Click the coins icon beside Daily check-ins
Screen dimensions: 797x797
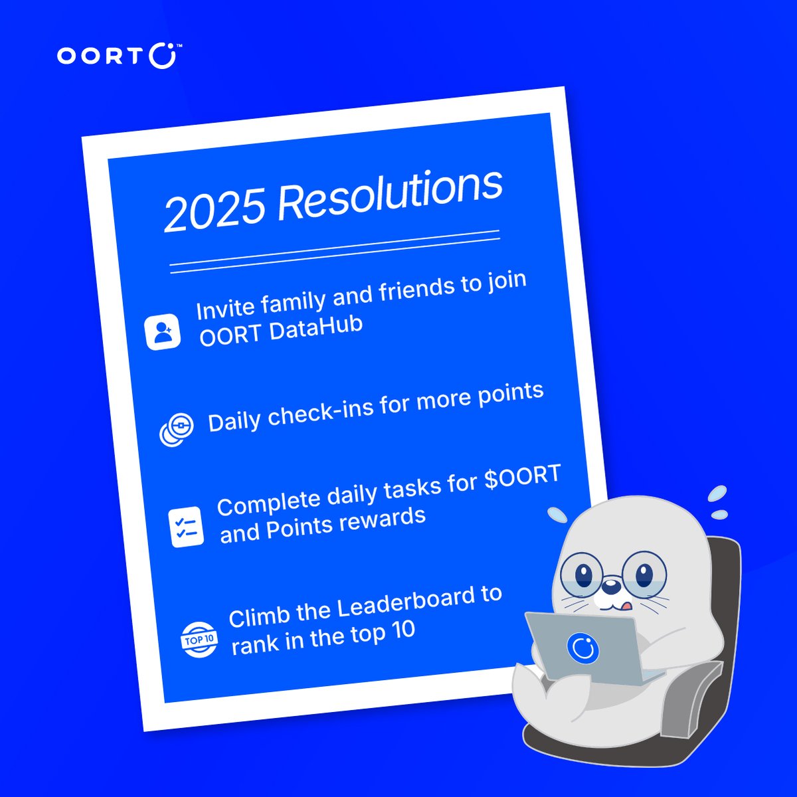click(177, 428)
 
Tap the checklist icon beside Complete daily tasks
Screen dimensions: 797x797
click(186, 527)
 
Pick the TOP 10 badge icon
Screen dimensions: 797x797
click(199, 640)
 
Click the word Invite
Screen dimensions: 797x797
click(225, 309)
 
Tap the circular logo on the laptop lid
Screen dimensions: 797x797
click(583, 646)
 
